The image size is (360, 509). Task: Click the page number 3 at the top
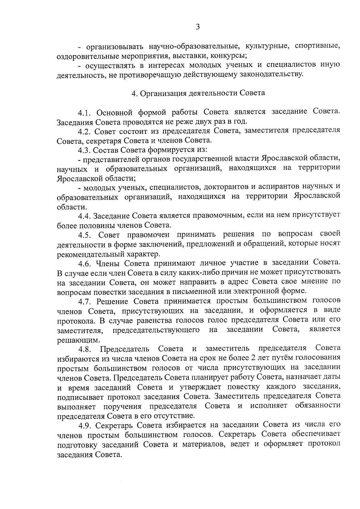pyautogui.click(x=198, y=27)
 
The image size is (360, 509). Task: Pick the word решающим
pyautogui.click(x=74, y=340)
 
